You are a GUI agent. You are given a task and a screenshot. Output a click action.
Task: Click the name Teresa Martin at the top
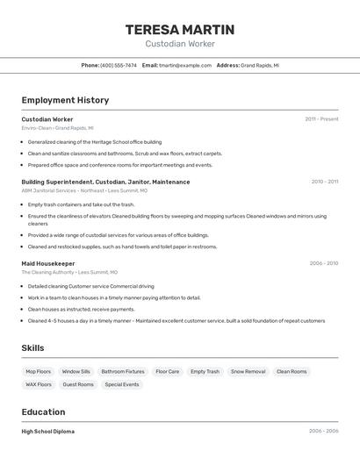pyautogui.click(x=179, y=29)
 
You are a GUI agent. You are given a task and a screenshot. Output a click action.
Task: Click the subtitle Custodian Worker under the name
pyautogui.click(x=179, y=44)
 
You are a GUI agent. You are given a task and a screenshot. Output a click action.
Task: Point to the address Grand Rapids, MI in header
pyautogui.click(x=260, y=65)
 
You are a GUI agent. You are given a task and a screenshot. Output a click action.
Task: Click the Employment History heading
pyautogui.click(x=65, y=100)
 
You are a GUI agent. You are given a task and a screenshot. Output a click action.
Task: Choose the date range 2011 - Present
pyautogui.click(x=321, y=119)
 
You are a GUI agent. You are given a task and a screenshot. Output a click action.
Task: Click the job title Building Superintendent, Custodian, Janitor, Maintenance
pyautogui.click(x=105, y=182)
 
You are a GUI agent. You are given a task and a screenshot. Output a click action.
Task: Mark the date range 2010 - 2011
pyautogui.click(x=324, y=182)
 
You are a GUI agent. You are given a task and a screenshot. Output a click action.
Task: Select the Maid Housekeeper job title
pyautogui.click(x=48, y=263)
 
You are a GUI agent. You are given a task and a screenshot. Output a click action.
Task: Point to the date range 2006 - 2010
pyautogui.click(x=323, y=263)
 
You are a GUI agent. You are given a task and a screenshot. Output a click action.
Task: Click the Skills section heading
pyautogui.click(x=32, y=348)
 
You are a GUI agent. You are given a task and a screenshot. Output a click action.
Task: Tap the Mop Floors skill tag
pyautogui.click(x=38, y=371)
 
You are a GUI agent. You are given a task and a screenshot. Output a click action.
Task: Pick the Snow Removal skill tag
pyautogui.click(x=248, y=371)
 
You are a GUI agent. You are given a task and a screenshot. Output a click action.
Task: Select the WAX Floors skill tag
pyautogui.click(x=38, y=384)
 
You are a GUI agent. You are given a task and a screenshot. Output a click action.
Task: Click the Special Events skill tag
pyautogui.click(x=122, y=384)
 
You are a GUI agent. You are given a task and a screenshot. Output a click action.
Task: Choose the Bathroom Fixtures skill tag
pyautogui.click(x=123, y=371)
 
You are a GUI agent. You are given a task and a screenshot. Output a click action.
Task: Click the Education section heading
pyautogui.click(x=43, y=412)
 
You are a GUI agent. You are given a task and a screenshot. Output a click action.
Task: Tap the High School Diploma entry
pyautogui.click(x=47, y=432)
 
